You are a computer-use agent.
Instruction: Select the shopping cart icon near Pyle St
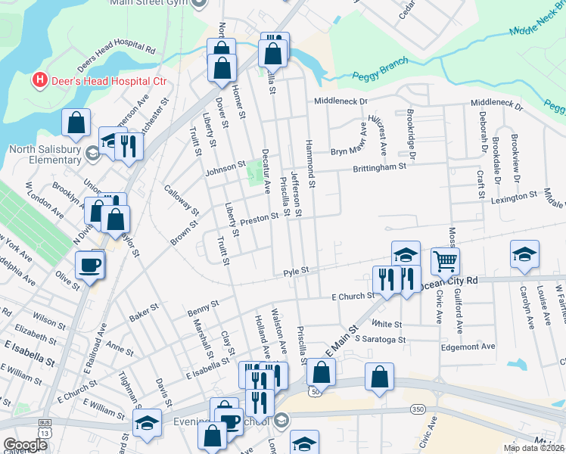click(x=444, y=261)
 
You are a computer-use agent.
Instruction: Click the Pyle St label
click(x=297, y=270)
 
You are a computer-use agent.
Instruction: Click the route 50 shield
click(x=313, y=391)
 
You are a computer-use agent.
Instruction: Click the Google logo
click(x=25, y=445)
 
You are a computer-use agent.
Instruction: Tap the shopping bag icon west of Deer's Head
click(x=76, y=123)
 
